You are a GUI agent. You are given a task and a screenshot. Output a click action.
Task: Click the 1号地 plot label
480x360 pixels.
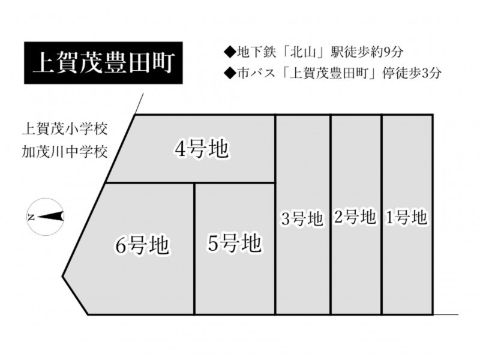coord(406,218)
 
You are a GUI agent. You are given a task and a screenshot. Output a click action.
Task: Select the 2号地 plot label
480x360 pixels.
coord(355,217)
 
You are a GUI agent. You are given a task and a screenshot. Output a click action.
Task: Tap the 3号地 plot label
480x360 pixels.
coord(302,218)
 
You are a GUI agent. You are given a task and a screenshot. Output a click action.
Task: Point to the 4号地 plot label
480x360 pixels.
coord(202,149)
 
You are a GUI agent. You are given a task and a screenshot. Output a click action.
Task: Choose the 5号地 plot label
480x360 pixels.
coord(234,243)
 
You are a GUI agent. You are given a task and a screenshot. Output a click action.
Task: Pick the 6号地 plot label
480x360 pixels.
coord(142,245)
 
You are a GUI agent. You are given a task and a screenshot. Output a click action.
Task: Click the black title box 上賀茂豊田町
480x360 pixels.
coord(103,63)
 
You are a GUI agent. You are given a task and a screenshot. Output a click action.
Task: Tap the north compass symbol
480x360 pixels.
coord(46,217)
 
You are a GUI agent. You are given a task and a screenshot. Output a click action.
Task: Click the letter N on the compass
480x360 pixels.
coord(31,217)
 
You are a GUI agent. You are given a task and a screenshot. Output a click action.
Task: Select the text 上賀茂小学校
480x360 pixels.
coord(65,129)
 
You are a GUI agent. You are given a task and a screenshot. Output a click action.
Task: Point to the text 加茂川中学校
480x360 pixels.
coord(65,152)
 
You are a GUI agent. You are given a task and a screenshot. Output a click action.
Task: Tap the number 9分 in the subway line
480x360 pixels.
coord(393,52)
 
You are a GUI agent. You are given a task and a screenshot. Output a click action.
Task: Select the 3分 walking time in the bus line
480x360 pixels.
coord(431,73)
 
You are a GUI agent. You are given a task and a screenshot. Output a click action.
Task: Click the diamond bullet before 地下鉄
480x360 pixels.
coord(230,52)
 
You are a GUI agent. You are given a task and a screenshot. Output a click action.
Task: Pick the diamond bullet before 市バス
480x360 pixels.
coord(230,73)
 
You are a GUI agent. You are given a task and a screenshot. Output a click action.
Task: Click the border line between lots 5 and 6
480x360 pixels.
coord(194,249)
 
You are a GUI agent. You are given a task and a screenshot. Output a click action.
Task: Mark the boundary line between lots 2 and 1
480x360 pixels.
coord(382,215)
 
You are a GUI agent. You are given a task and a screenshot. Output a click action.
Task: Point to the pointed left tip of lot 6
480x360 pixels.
coord(62,277)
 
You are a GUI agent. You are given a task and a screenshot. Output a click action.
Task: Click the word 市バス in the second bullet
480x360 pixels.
coord(257,73)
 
